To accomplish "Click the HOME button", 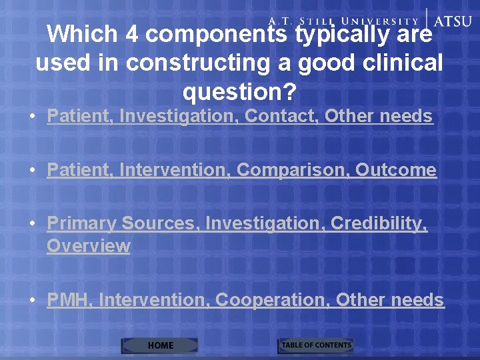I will [x=160, y=345].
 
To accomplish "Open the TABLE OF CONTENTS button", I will [x=315, y=345].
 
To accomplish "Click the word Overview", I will [x=88, y=246].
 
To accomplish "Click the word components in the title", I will [x=217, y=35].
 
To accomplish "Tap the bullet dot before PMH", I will [x=33, y=301].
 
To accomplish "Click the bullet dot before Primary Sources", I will [x=33, y=225].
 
